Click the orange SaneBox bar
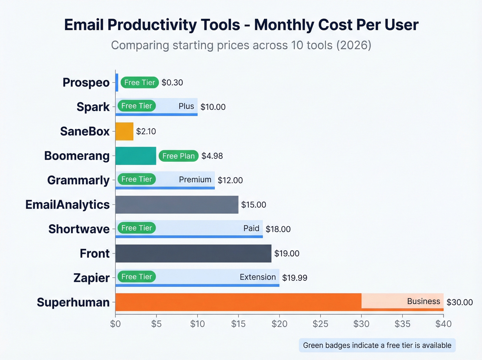124,131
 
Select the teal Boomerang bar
136,156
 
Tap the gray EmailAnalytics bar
177,205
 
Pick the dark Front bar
193,254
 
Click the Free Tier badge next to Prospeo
139,82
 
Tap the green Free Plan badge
178,156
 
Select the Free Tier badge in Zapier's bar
136,277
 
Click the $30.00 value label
459,302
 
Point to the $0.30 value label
172,83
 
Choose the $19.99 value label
294,278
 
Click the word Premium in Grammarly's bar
195,179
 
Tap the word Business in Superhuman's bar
423,301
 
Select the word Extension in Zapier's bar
258,277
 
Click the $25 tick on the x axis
320,324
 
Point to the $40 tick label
443,324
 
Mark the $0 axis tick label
115,324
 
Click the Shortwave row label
79,229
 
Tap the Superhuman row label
73,302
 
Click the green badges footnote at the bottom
377,345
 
